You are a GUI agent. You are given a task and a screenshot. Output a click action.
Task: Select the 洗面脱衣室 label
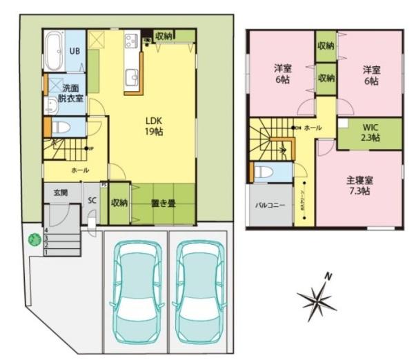[x=70, y=93]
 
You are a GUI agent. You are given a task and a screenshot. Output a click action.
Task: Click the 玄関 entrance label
[x=61, y=192]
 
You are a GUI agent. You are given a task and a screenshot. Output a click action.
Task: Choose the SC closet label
[x=92, y=201]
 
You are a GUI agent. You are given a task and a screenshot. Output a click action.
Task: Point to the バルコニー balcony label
[x=267, y=205]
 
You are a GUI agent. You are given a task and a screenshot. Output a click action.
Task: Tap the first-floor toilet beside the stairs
[x=60, y=128]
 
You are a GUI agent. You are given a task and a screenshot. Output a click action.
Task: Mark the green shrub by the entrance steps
[x=31, y=241]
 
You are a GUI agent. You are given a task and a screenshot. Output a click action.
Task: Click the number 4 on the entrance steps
[x=46, y=230]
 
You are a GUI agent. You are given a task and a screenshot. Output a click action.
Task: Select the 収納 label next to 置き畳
[x=119, y=203]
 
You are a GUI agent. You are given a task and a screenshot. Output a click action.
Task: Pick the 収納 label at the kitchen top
[x=164, y=36]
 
